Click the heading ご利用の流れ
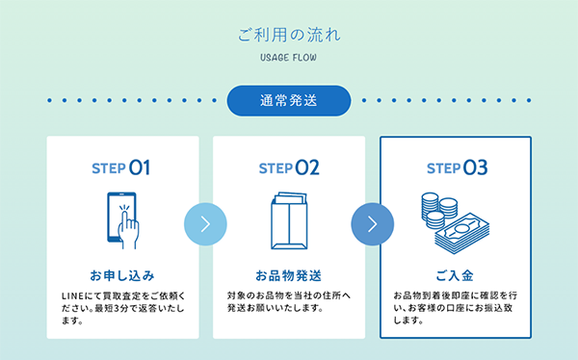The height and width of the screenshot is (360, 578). [x=289, y=35]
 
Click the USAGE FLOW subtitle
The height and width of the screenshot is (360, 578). [x=289, y=58]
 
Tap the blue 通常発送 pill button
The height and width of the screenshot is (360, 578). [x=289, y=100]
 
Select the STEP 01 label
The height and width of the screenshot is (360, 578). [x=122, y=168]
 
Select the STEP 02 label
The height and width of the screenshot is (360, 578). [x=289, y=168]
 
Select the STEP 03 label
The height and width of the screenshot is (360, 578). [x=456, y=168]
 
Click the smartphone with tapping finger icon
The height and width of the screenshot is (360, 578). [x=122, y=218]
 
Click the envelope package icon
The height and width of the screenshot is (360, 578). [x=288, y=218]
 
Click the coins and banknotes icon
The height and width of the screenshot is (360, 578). [x=455, y=218]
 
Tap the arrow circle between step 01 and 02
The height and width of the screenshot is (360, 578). [x=205, y=224]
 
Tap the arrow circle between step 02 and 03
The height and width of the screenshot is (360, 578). [x=372, y=224]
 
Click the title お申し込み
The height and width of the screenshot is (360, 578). [x=122, y=274]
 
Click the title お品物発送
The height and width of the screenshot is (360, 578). [x=289, y=274]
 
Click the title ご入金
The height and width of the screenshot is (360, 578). [x=455, y=274]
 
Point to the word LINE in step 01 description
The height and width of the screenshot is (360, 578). [x=73, y=294]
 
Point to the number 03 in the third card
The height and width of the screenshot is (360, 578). [x=475, y=168]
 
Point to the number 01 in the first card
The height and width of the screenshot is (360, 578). [x=141, y=168]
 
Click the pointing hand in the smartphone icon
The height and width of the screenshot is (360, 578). [x=128, y=225]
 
